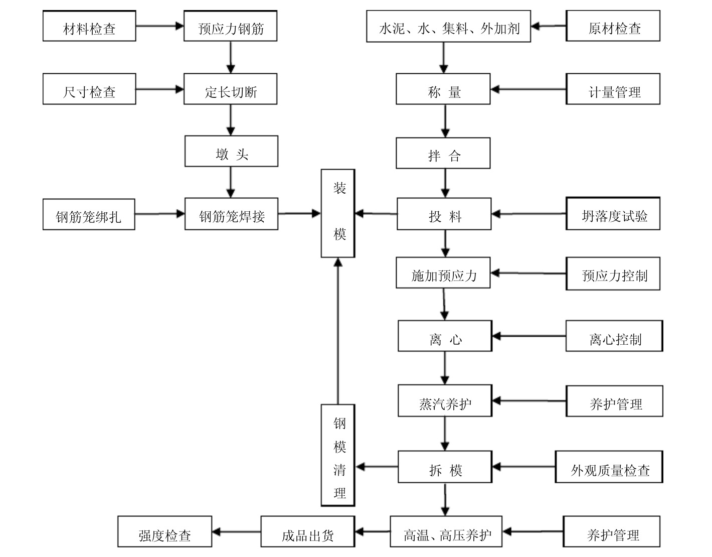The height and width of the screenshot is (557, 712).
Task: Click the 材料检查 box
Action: click(x=89, y=26)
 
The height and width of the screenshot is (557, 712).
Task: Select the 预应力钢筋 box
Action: click(x=230, y=26)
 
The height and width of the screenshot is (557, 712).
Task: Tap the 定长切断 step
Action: click(x=230, y=89)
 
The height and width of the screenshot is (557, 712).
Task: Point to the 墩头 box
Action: click(x=231, y=151)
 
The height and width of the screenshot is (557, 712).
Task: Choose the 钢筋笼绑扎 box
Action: click(x=89, y=215)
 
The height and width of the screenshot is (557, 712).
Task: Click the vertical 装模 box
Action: click(x=338, y=213)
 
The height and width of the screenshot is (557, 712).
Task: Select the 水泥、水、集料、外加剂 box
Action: click(x=448, y=26)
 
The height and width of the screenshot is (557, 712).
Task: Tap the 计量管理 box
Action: click(x=613, y=89)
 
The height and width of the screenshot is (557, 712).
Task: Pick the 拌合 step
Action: click(x=443, y=153)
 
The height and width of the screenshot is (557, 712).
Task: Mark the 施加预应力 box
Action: click(x=443, y=273)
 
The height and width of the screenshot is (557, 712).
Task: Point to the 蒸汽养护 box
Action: click(x=445, y=401)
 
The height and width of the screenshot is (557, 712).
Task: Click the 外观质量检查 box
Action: click(x=609, y=467)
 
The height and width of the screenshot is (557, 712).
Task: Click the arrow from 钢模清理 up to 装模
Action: click(x=338, y=331)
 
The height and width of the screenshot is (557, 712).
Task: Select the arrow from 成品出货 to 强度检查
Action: click(x=236, y=532)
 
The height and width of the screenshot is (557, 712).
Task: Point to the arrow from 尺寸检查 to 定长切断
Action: click(x=159, y=90)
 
